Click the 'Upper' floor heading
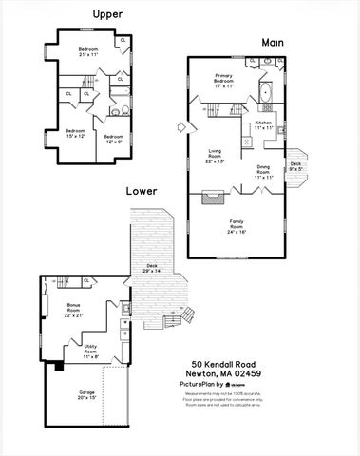point(105,13)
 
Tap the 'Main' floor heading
point(275,43)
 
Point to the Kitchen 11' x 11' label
point(263,125)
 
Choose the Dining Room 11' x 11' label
point(263,172)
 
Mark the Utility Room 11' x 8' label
point(90,353)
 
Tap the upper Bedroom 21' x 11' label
point(88,51)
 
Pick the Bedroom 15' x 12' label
point(75,133)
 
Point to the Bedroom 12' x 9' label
point(114,140)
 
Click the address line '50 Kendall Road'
point(229,364)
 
